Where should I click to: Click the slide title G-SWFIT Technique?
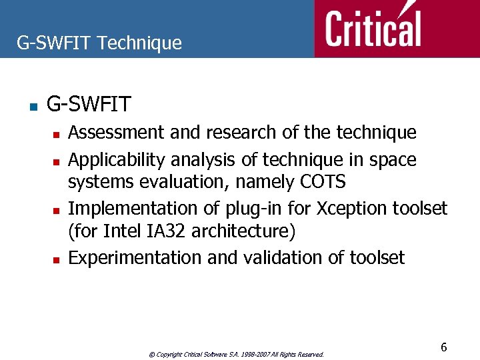pos(99,43)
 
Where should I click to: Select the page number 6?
pos(443,347)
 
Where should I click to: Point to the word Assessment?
pos(117,133)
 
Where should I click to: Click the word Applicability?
pos(117,161)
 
